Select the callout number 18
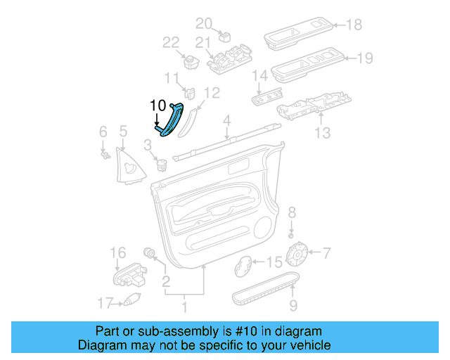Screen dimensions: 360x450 [354, 25]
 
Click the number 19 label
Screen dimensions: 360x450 [365, 58]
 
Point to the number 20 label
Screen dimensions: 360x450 [203, 22]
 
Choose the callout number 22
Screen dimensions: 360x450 [172, 43]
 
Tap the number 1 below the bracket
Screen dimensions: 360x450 [185, 307]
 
